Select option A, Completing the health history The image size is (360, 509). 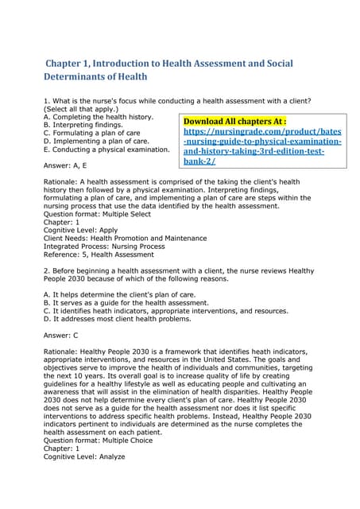[98, 117]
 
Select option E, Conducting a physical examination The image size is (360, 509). [106, 149]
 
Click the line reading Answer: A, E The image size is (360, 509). [65, 165]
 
